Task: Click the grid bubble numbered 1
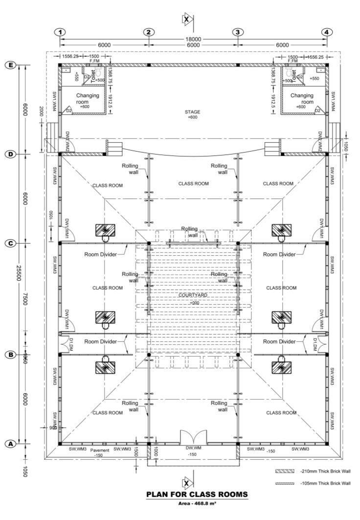click(x=60, y=32)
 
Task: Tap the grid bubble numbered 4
click(x=326, y=32)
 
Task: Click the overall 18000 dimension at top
click(x=193, y=39)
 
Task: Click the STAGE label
click(x=192, y=112)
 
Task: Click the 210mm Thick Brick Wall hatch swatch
click(x=284, y=471)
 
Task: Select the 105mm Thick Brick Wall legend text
click(x=325, y=483)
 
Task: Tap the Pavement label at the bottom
click(x=99, y=450)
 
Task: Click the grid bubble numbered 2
click(x=148, y=32)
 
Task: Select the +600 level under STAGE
click(x=192, y=117)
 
